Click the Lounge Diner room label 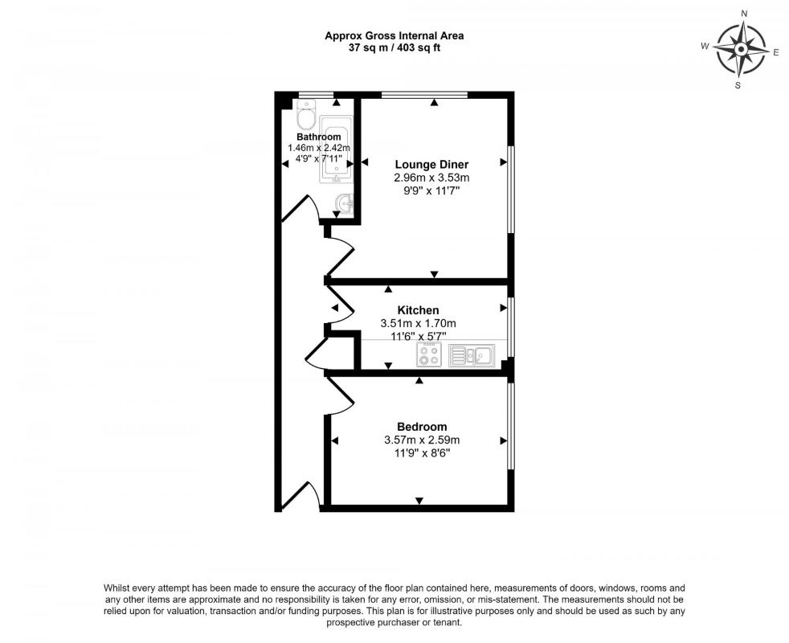pos(431,164)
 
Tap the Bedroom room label pos(422,427)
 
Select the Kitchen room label pos(418,310)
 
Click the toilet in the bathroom pos(305,118)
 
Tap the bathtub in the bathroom pos(336,149)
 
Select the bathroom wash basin pos(346,206)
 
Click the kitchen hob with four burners pos(429,354)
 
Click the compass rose pos(741,48)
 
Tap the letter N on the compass pos(744,14)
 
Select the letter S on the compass pos(738,84)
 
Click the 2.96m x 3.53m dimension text pos(431,178)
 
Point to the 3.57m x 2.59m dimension pos(422,440)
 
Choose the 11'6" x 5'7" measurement pos(418,336)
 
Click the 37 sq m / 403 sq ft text pos(394,47)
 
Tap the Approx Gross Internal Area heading pos(394,35)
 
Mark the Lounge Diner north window pos(424,95)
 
